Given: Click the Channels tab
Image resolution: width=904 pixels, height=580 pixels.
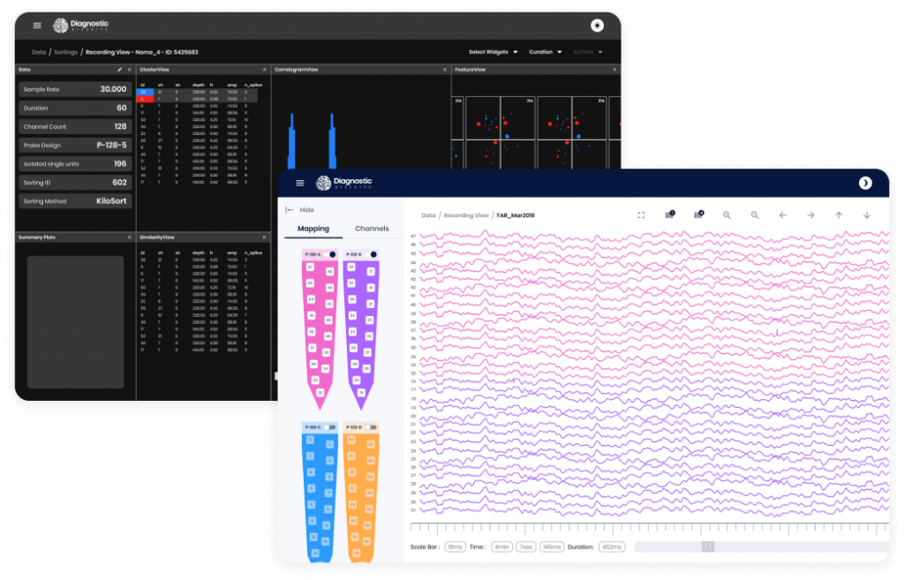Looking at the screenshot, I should pyautogui.click(x=372, y=229).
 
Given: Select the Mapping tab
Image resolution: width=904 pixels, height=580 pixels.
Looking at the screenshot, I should pyautogui.click(x=313, y=229).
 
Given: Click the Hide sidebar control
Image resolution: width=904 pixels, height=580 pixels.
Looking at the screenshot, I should pyautogui.click(x=300, y=210).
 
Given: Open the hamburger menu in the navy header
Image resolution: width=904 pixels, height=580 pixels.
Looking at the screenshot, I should pyautogui.click(x=300, y=183).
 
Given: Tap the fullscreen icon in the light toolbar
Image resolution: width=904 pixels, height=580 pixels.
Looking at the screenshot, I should pyautogui.click(x=642, y=215).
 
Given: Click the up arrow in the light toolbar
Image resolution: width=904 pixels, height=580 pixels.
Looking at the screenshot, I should pyautogui.click(x=839, y=215).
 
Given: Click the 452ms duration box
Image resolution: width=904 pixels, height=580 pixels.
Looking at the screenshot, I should pyautogui.click(x=611, y=547).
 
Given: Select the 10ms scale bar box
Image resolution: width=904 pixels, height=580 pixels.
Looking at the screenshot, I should pyautogui.click(x=455, y=547).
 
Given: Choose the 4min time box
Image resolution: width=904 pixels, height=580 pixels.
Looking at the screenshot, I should pyautogui.click(x=501, y=547).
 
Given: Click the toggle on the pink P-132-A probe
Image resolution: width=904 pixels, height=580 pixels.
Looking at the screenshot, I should pyautogui.click(x=332, y=254).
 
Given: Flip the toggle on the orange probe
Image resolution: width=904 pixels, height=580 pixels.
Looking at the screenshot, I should pyautogui.click(x=372, y=427).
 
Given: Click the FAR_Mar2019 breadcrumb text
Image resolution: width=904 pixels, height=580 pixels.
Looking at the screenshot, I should pyautogui.click(x=516, y=215).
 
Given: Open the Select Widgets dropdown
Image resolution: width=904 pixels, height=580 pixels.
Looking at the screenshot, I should pyautogui.click(x=493, y=52).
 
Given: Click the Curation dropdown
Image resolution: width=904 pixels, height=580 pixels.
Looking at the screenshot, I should pyautogui.click(x=546, y=52).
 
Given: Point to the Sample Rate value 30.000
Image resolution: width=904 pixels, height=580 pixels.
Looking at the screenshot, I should pyautogui.click(x=113, y=89).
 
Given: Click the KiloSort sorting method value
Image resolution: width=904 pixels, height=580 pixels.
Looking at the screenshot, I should pyautogui.click(x=111, y=201).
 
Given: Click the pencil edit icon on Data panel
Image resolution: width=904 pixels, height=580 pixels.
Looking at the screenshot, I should pyautogui.click(x=120, y=69).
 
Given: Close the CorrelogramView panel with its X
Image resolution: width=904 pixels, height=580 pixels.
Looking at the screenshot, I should pyautogui.click(x=443, y=69).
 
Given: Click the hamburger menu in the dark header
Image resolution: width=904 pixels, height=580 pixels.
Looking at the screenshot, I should pyautogui.click(x=37, y=26).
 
